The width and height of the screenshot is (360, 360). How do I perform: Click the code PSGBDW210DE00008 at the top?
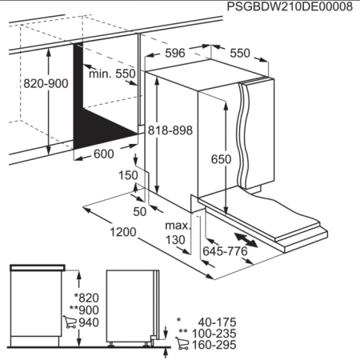pos(290,7)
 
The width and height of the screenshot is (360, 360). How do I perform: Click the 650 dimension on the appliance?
pos(221,159)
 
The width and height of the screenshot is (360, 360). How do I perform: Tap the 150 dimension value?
pos(128,175)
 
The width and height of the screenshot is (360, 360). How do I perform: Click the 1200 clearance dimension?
pos(119,233)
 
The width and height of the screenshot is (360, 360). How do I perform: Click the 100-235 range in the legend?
pos(210,334)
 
